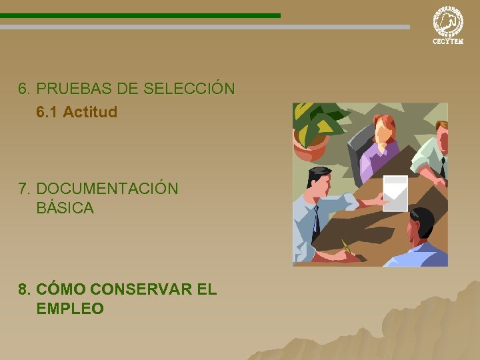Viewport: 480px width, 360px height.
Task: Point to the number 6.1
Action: pos(47,112)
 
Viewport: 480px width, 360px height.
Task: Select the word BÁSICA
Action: pos(65,208)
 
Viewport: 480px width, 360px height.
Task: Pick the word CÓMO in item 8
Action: pos(61,289)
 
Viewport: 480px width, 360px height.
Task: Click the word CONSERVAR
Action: pos(141,289)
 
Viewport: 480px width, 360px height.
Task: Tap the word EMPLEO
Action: pos(70,309)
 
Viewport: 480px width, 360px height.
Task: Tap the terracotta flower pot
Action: pos(309,147)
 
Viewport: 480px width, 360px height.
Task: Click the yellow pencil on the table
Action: pos(346,246)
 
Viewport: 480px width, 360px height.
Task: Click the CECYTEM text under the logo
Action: pos(447,41)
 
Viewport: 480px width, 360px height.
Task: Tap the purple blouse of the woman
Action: pos(376,159)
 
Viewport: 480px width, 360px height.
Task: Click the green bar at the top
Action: pos(140,15)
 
